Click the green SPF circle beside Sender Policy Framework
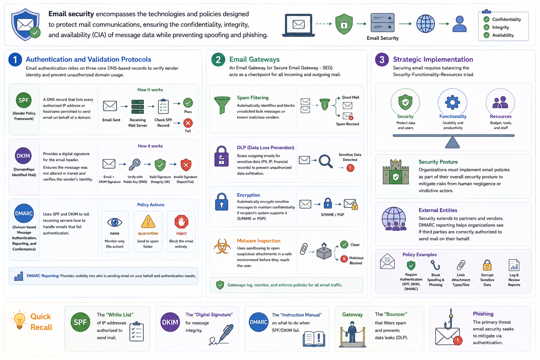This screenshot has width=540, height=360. tap(24, 100)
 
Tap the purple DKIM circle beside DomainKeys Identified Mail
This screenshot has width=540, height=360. tap(24, 156)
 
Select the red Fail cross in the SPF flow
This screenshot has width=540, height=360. tap(188, 123)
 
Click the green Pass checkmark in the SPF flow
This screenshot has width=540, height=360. tap(188, 103)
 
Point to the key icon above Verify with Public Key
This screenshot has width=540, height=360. tap(135, 165)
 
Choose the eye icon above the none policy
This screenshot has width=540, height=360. tap(115, 222)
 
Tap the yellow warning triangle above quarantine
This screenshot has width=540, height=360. tap(148, 221)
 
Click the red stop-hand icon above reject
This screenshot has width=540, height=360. tap(181, 221)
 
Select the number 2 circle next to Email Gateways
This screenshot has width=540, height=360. tap(218, 59)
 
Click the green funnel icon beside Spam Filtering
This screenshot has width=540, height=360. tap(222, 105)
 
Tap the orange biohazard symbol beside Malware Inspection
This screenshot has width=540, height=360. tap(222, 246)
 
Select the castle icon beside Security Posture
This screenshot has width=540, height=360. tap(396, 172)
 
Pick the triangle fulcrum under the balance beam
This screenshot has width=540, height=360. tap(452, 142)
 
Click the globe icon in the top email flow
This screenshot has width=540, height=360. tap(426, 24)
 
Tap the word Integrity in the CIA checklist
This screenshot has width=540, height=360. tap(501, 27)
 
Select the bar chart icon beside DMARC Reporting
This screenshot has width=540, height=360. tap(19, 276)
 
